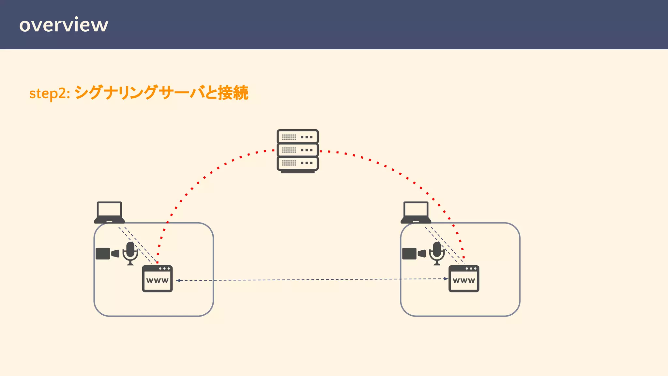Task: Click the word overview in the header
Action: tap(64, 25)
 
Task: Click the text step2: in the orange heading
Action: tap(50, 94)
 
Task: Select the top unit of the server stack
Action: tap(297, 137)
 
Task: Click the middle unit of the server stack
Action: tap(297, 150)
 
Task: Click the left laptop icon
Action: tap(109, 212)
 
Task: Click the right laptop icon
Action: tap(416, 212)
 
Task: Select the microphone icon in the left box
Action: tap(130, 253)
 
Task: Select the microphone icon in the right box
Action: tap(437, 253)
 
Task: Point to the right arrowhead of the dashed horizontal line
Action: tap(446, 279)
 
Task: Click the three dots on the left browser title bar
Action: tap(164, 269)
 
